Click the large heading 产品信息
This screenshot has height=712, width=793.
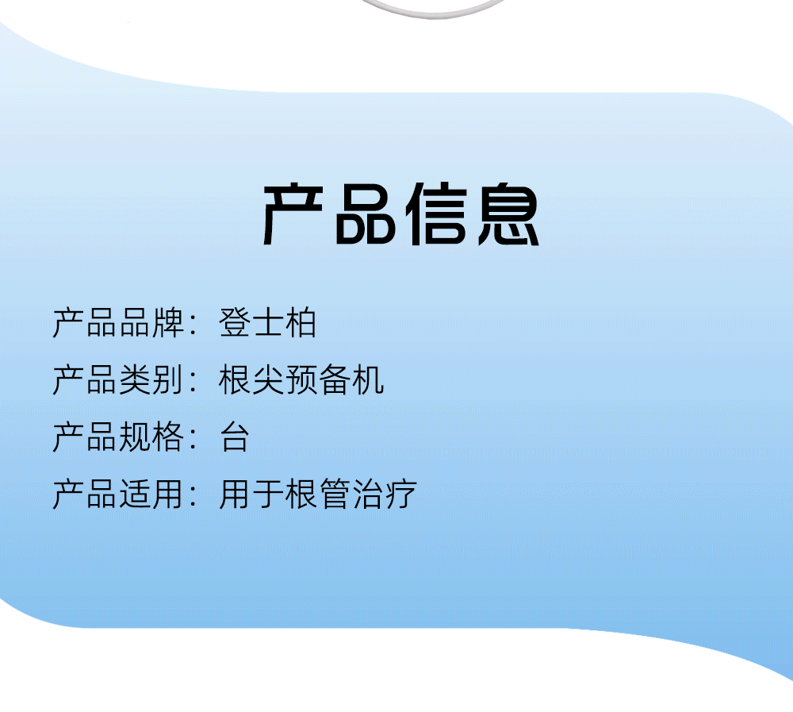400,215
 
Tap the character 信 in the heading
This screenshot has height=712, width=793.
436,215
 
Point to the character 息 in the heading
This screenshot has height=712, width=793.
508,215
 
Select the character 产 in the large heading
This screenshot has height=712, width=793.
293,215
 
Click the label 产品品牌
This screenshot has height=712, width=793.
118,322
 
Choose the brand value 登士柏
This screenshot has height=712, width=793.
267,322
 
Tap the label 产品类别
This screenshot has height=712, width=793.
118,379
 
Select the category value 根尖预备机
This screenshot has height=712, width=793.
301,379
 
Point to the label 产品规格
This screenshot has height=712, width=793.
118,437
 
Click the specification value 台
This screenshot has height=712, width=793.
235,437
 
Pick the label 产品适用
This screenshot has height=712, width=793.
118,494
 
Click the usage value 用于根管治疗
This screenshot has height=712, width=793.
318,494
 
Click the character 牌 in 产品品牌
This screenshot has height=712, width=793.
168,322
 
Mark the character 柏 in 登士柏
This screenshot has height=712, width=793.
301,322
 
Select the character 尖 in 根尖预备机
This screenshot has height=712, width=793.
267,379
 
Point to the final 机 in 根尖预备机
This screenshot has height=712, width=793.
368,379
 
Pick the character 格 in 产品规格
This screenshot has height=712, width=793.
168,437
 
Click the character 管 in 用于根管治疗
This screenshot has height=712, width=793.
335,494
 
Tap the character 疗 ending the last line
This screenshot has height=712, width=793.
401,494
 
